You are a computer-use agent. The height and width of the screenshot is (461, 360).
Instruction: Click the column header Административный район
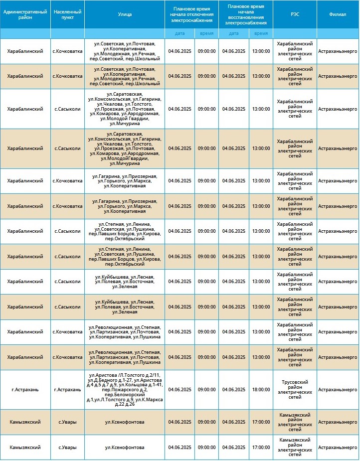(25, 14)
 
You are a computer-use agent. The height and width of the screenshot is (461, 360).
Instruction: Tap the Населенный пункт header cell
(67, 14)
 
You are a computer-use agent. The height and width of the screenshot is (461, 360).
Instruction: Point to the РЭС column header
(295, 14)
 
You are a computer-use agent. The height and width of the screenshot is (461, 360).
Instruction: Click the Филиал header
(338, 14)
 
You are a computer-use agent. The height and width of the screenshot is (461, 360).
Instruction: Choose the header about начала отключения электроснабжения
(192, 14)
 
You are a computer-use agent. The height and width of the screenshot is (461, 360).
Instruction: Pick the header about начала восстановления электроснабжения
(246, 14)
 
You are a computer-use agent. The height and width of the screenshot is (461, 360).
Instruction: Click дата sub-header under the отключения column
(180, 33)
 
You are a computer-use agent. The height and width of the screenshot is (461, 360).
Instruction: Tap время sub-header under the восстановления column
(261, 33)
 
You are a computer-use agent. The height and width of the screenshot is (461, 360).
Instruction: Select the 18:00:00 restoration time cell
(261, 390)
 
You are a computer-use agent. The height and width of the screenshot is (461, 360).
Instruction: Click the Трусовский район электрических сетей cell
(295, 390)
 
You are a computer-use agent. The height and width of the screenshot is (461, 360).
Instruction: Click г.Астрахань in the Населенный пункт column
(67, 390)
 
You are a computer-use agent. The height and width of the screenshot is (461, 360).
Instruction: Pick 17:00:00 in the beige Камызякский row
(261, 422)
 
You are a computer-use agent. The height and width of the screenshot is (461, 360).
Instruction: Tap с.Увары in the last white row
(67, 448)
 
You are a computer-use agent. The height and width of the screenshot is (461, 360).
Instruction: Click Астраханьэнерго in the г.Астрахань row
(338, 390)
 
